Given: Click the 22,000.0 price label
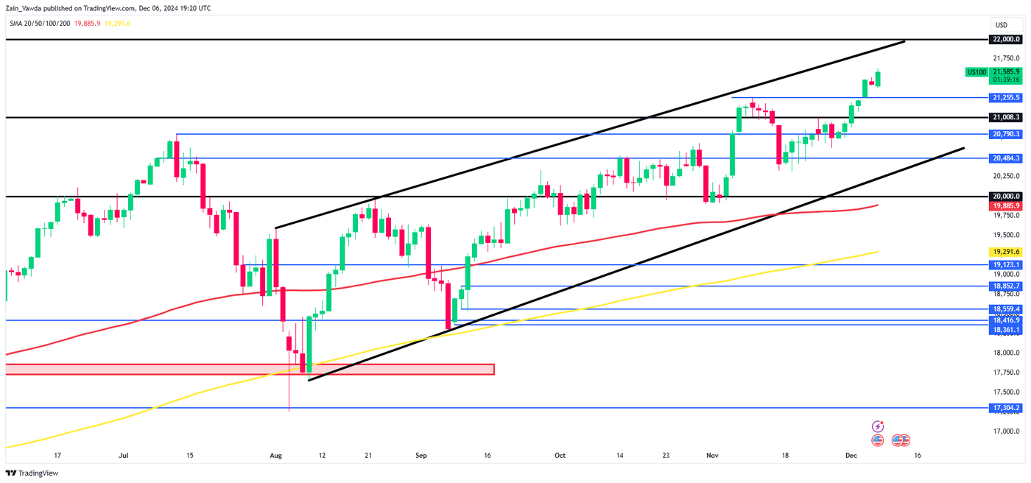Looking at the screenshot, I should pyautogui.click(x=1006, y=39).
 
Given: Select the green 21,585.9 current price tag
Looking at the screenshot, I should pyautogui.click(x=1006, y=72).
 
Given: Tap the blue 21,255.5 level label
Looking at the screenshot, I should pyautogui.click(x=1006, y=97).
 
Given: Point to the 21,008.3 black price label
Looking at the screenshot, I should pyautogui.click(x=1006, y=117).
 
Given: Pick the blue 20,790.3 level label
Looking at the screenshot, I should pyautogui.click(x=1006, y=134).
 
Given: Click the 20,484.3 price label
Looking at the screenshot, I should pyautogui.click(x=1006, y=158).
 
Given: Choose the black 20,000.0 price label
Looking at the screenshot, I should pyautogui.click(x=1006, y=197).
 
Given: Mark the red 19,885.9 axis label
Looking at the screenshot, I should pyautogui.click(x=1006, y=206).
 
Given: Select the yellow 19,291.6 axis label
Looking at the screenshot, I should pyautogui.click(x=1006, y=252).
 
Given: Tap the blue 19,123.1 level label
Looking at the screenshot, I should pyautogui.click(x=1006, y=264).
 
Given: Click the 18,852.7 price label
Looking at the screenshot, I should pyautogui.click(x=1006, y=286).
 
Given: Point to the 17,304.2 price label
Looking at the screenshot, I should pyautogui.click(x=1006, y=408).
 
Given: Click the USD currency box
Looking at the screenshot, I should pyautogui.click(x=1001, y=25).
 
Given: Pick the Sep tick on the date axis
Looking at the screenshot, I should pyautogui.click(x=421, y=456).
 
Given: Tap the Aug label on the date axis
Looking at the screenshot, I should pyautogui.click(x=275, y=456).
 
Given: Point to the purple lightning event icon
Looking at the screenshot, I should pyautogui.click(x=878, y=426).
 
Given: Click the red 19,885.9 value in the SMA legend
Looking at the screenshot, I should pyautogui.click(x=87, y=23).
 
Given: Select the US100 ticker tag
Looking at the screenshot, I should pyautogui.click(x=976, y=72).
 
